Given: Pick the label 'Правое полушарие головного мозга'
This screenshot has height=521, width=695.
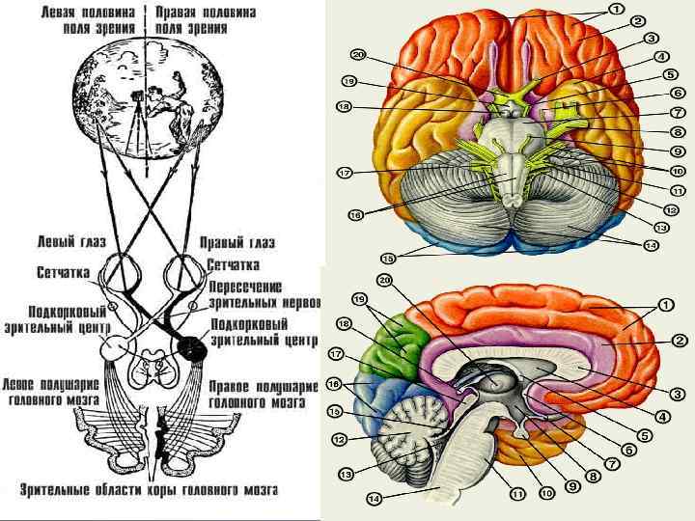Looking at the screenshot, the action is tap(262, 391).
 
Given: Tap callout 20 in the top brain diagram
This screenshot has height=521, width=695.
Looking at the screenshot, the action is tap(359, 55).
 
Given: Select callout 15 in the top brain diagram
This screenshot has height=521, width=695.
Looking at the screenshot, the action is tap(388, 259).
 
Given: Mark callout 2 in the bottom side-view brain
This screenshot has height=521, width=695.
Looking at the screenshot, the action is tap(679, 340).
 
